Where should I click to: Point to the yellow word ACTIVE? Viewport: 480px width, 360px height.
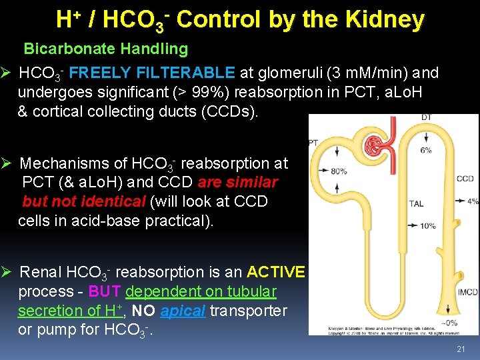click(276, 272)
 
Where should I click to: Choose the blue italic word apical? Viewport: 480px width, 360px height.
click(183, 311)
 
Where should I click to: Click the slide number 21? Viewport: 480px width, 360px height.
click(460, 349)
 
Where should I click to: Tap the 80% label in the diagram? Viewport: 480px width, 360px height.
click(337, 171)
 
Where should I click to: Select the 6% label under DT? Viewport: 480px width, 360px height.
click(426, 150)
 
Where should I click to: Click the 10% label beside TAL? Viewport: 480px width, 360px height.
click(427, 226)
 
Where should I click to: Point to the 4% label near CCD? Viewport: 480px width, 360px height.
click(473, 201)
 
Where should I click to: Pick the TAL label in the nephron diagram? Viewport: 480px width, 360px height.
click(417, 204)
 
